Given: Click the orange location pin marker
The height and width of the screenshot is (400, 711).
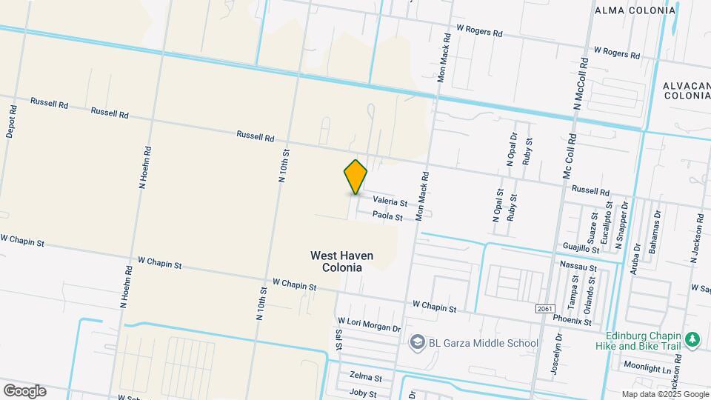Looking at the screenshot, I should (x=355, y=177).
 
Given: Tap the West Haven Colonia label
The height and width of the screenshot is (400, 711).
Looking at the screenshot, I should (x=341, y=261).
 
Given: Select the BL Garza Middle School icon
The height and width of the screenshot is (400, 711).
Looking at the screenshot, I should (x=417, y=342).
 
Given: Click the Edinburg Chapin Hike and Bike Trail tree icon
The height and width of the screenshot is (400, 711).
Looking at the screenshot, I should (x=692, y=340).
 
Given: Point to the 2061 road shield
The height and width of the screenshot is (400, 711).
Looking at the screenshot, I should (x=544, y=307).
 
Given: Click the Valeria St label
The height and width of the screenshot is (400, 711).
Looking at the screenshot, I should (x=390, y=201).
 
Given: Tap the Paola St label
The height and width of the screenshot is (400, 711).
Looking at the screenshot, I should (x=387, y=217).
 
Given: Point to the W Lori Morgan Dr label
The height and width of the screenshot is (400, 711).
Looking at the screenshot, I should (x=369, y=324).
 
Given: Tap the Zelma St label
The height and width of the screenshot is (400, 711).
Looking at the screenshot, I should (x=366, y=377).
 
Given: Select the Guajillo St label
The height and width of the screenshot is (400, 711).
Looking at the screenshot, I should (x=581, y=247).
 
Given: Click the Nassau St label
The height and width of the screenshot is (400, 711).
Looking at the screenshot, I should (x=578, y=266).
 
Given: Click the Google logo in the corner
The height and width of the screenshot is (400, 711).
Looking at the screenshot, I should (x=24, y=391).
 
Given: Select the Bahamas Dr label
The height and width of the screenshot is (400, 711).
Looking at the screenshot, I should (x=653, y=236).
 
